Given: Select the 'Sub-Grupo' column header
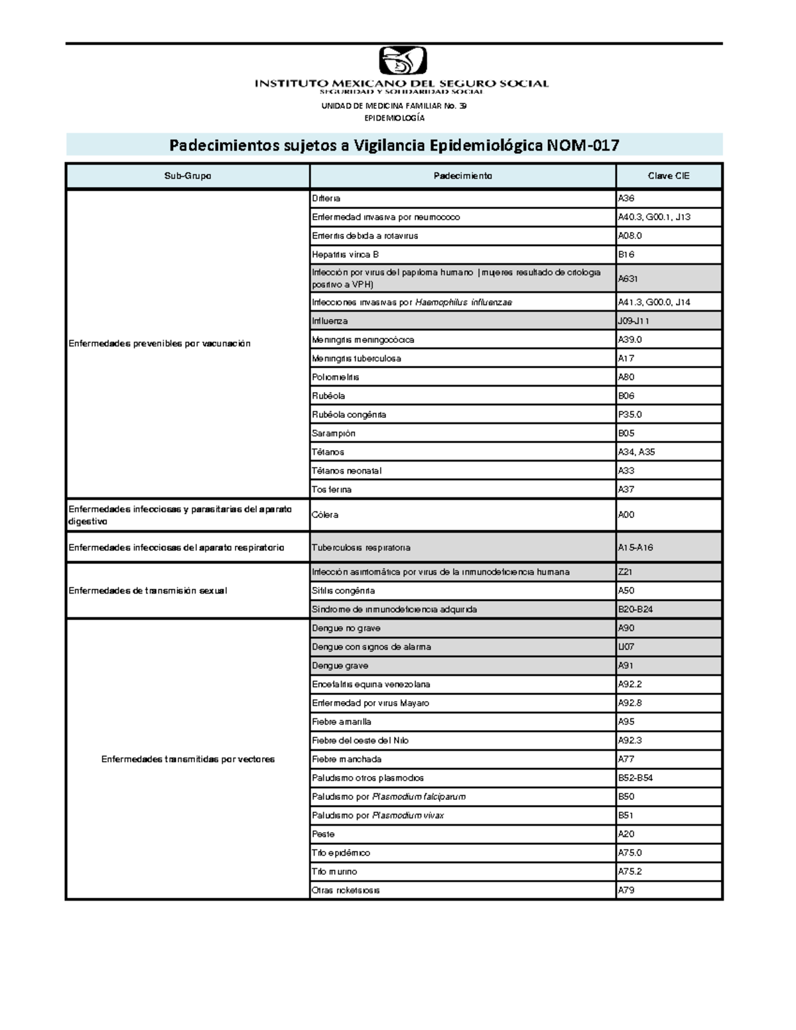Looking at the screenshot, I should click(x=188, y=176).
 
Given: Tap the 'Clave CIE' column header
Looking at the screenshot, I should click(x=669, y=176).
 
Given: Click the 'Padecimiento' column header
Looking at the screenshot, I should click(x=462, y=176).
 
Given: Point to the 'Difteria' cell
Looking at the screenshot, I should click(x=326, y=198).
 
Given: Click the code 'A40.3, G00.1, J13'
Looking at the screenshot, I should click(x=654, y=217).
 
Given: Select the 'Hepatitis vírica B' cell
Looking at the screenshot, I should click(x=345, y=255).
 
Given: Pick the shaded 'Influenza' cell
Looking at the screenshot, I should click(x=330, y=321).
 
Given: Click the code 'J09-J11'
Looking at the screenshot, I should click(x=633, y=321).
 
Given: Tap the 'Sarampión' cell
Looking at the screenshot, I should click(x=334, y=433).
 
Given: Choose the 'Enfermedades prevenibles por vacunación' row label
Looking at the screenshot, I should click(x=160, y=344).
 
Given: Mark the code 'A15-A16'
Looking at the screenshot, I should click(x=635, y=548).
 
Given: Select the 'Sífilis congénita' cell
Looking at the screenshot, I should click(x=343, y=590).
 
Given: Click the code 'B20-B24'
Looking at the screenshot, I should click(x=635, y=610).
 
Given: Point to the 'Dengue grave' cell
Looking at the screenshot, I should click(x=340, y=665).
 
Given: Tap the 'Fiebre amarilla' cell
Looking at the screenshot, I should click(x=342, y=722).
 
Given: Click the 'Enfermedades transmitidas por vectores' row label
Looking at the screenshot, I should click(x=188, y=759).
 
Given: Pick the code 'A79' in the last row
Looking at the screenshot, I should click(x=626, y=890).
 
